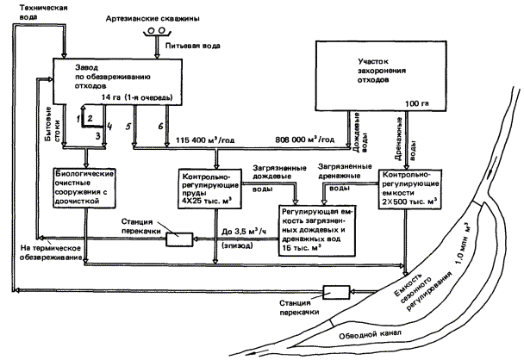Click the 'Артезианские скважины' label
156,18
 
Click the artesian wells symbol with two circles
157,32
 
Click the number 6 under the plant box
160,127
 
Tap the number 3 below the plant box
98,135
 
